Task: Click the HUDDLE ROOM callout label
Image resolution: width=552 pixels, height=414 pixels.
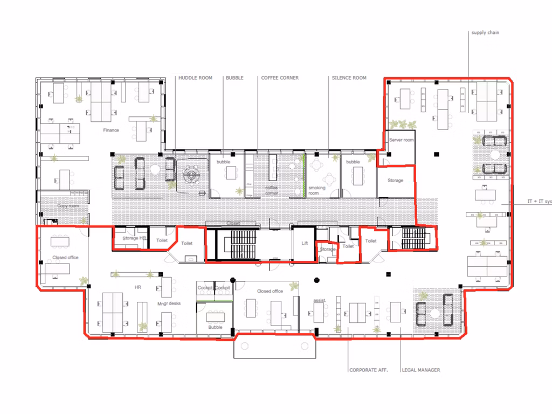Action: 195,78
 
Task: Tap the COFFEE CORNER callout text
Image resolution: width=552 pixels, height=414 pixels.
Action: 280,78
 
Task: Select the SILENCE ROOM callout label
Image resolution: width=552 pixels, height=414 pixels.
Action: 349,78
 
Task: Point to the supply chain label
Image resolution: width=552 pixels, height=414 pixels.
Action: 485,33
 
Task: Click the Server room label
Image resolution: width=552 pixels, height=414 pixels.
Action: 402,140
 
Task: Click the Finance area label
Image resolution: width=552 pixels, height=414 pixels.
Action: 111,130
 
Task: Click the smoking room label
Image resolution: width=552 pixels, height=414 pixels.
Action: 317,190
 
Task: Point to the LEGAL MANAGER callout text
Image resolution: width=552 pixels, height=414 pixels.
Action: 421,370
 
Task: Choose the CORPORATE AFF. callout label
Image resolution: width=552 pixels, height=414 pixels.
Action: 369,370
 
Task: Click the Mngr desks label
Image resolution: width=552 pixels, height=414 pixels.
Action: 169,304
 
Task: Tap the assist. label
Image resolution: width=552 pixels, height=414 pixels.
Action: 320,300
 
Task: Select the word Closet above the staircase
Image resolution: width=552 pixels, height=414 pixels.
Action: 233,223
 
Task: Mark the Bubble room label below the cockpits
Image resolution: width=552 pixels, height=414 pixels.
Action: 215,327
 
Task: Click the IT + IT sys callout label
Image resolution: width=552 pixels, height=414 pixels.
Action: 539,202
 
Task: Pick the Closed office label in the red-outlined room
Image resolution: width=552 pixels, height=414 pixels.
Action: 65,258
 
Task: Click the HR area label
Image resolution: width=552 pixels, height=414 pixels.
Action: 138,288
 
